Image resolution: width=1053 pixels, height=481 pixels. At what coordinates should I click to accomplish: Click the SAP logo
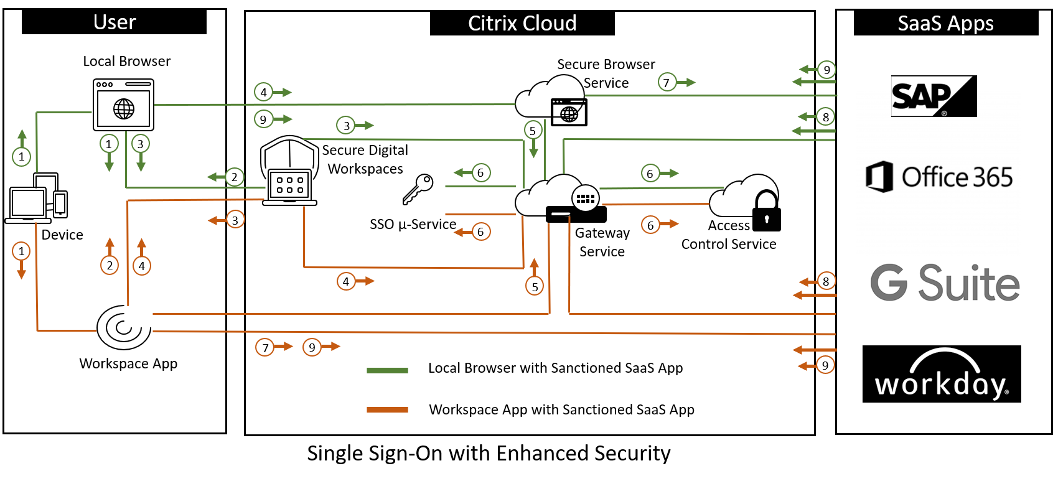click(x=934, y=96)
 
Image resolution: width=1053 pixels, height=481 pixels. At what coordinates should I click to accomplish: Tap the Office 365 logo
click(x=939, y=177)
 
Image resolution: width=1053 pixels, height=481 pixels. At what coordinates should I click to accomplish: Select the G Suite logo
click(x=945, y=283)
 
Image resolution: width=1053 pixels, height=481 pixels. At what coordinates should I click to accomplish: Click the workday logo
click(x=942, y=374)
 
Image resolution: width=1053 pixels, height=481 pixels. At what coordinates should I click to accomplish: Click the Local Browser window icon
click(x=123, y=105)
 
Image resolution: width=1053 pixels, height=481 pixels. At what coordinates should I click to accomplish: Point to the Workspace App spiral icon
click(x=124, y=327)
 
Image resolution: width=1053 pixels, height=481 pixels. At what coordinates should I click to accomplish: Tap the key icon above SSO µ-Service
click(x=418, y=189)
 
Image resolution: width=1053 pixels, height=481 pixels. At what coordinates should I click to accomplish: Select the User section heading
click(x=115, y=22)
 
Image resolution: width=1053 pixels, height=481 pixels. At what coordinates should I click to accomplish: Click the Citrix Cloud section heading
click(x=522, y=24)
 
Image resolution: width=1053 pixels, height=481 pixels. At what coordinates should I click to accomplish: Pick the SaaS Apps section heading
click(x=945, y=24)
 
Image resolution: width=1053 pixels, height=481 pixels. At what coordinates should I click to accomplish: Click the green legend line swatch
click(x=387, y=370)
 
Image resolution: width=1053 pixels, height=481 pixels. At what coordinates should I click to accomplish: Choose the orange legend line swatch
click(x=387, y=409)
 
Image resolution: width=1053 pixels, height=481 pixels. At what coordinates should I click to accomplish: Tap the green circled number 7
click(x=667, y=82)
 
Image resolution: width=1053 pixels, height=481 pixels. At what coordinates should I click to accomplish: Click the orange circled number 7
click(x=265, y=347)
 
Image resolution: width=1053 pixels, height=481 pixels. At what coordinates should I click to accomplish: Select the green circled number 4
click(x=263, y=92)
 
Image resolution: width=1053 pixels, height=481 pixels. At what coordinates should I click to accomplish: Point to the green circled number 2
click(x=235, y=177)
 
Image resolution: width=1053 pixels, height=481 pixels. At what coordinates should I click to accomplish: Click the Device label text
click(x=62, y=235)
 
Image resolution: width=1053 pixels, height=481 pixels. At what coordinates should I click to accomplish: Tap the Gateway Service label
click(x=602, y=242)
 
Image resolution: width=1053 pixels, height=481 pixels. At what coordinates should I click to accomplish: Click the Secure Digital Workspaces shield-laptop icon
click(x=289, y=171)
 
